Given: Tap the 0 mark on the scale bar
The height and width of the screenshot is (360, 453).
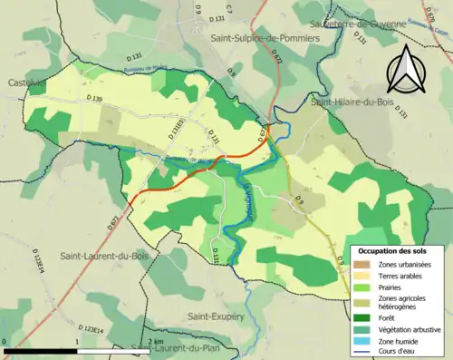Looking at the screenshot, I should coord(5,341).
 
